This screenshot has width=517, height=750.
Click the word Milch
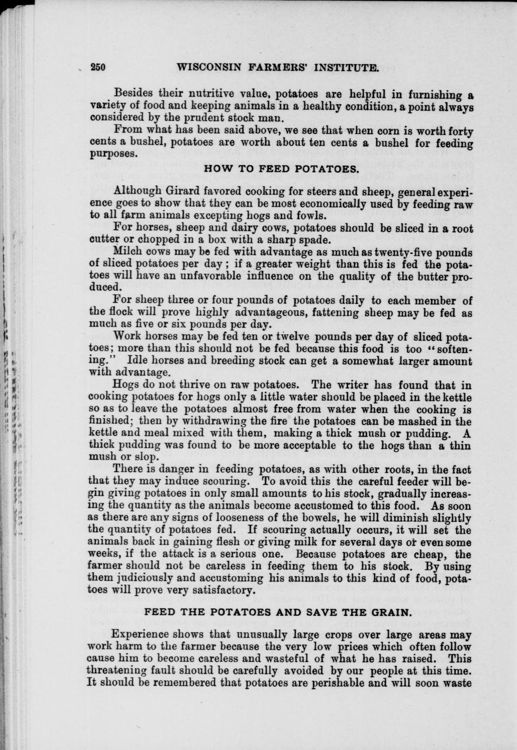coord(128,252)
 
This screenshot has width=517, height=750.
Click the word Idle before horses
coord(137,361)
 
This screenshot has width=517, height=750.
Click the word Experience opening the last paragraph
coord(141,635)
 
